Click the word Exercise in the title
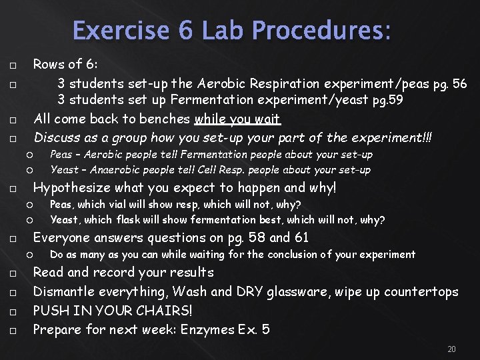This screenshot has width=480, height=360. tap(110, 31)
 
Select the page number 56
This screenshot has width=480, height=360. tap(459, 84)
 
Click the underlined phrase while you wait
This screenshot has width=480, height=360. tap(238, 119)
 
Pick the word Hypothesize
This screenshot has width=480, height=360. tap(73, 188)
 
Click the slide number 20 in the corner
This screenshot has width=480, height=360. tap(452, 349)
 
